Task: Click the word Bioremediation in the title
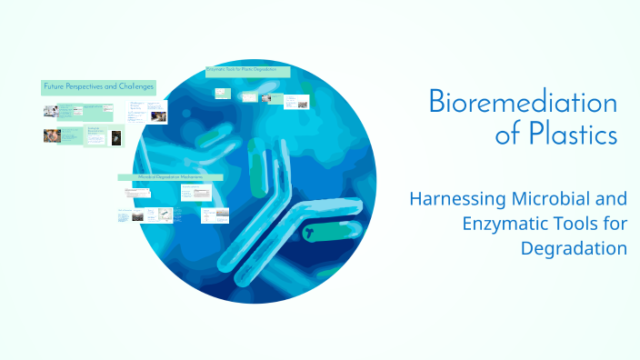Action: tap(523, 102)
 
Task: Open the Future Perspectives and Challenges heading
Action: tap(98, 86)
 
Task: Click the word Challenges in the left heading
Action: tap(135, 86)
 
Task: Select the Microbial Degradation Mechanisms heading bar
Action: tap(169, 176)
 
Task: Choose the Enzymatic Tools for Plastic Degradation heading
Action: tap(248, 70)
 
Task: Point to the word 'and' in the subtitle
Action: tap(611, 197)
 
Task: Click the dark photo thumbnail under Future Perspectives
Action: tap(115, 138)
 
